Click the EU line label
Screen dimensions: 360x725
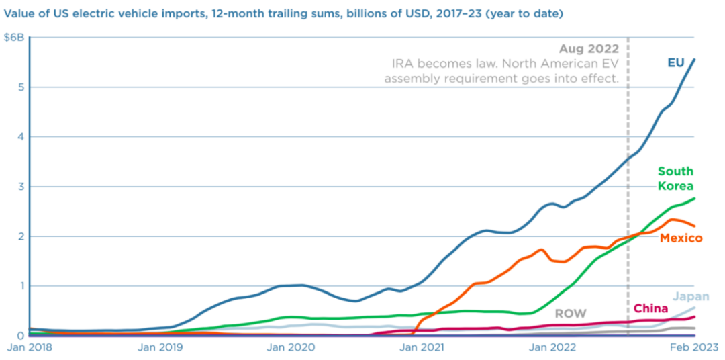click(676, 62)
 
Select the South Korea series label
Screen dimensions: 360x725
click(675, 179)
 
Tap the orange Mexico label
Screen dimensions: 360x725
click(681, 238)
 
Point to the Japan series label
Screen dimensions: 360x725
click(691, 297)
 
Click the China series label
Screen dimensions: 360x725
click(650, 309)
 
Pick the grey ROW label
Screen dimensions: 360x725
click(570, 314)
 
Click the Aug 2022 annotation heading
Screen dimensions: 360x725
click(588, 49)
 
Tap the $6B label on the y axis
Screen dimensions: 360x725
click(14, 38)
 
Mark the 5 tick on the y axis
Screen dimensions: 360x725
click(19, 87)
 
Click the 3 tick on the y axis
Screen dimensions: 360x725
click(19, 187)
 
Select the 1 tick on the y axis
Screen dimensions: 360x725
click(19, 286)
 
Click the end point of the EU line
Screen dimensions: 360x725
click(695, 59)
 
